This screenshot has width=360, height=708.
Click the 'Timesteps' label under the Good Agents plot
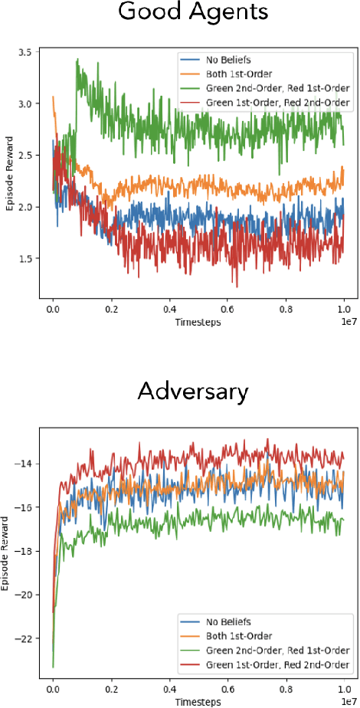point(198,323)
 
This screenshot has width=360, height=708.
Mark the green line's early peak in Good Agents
point(77,60)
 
